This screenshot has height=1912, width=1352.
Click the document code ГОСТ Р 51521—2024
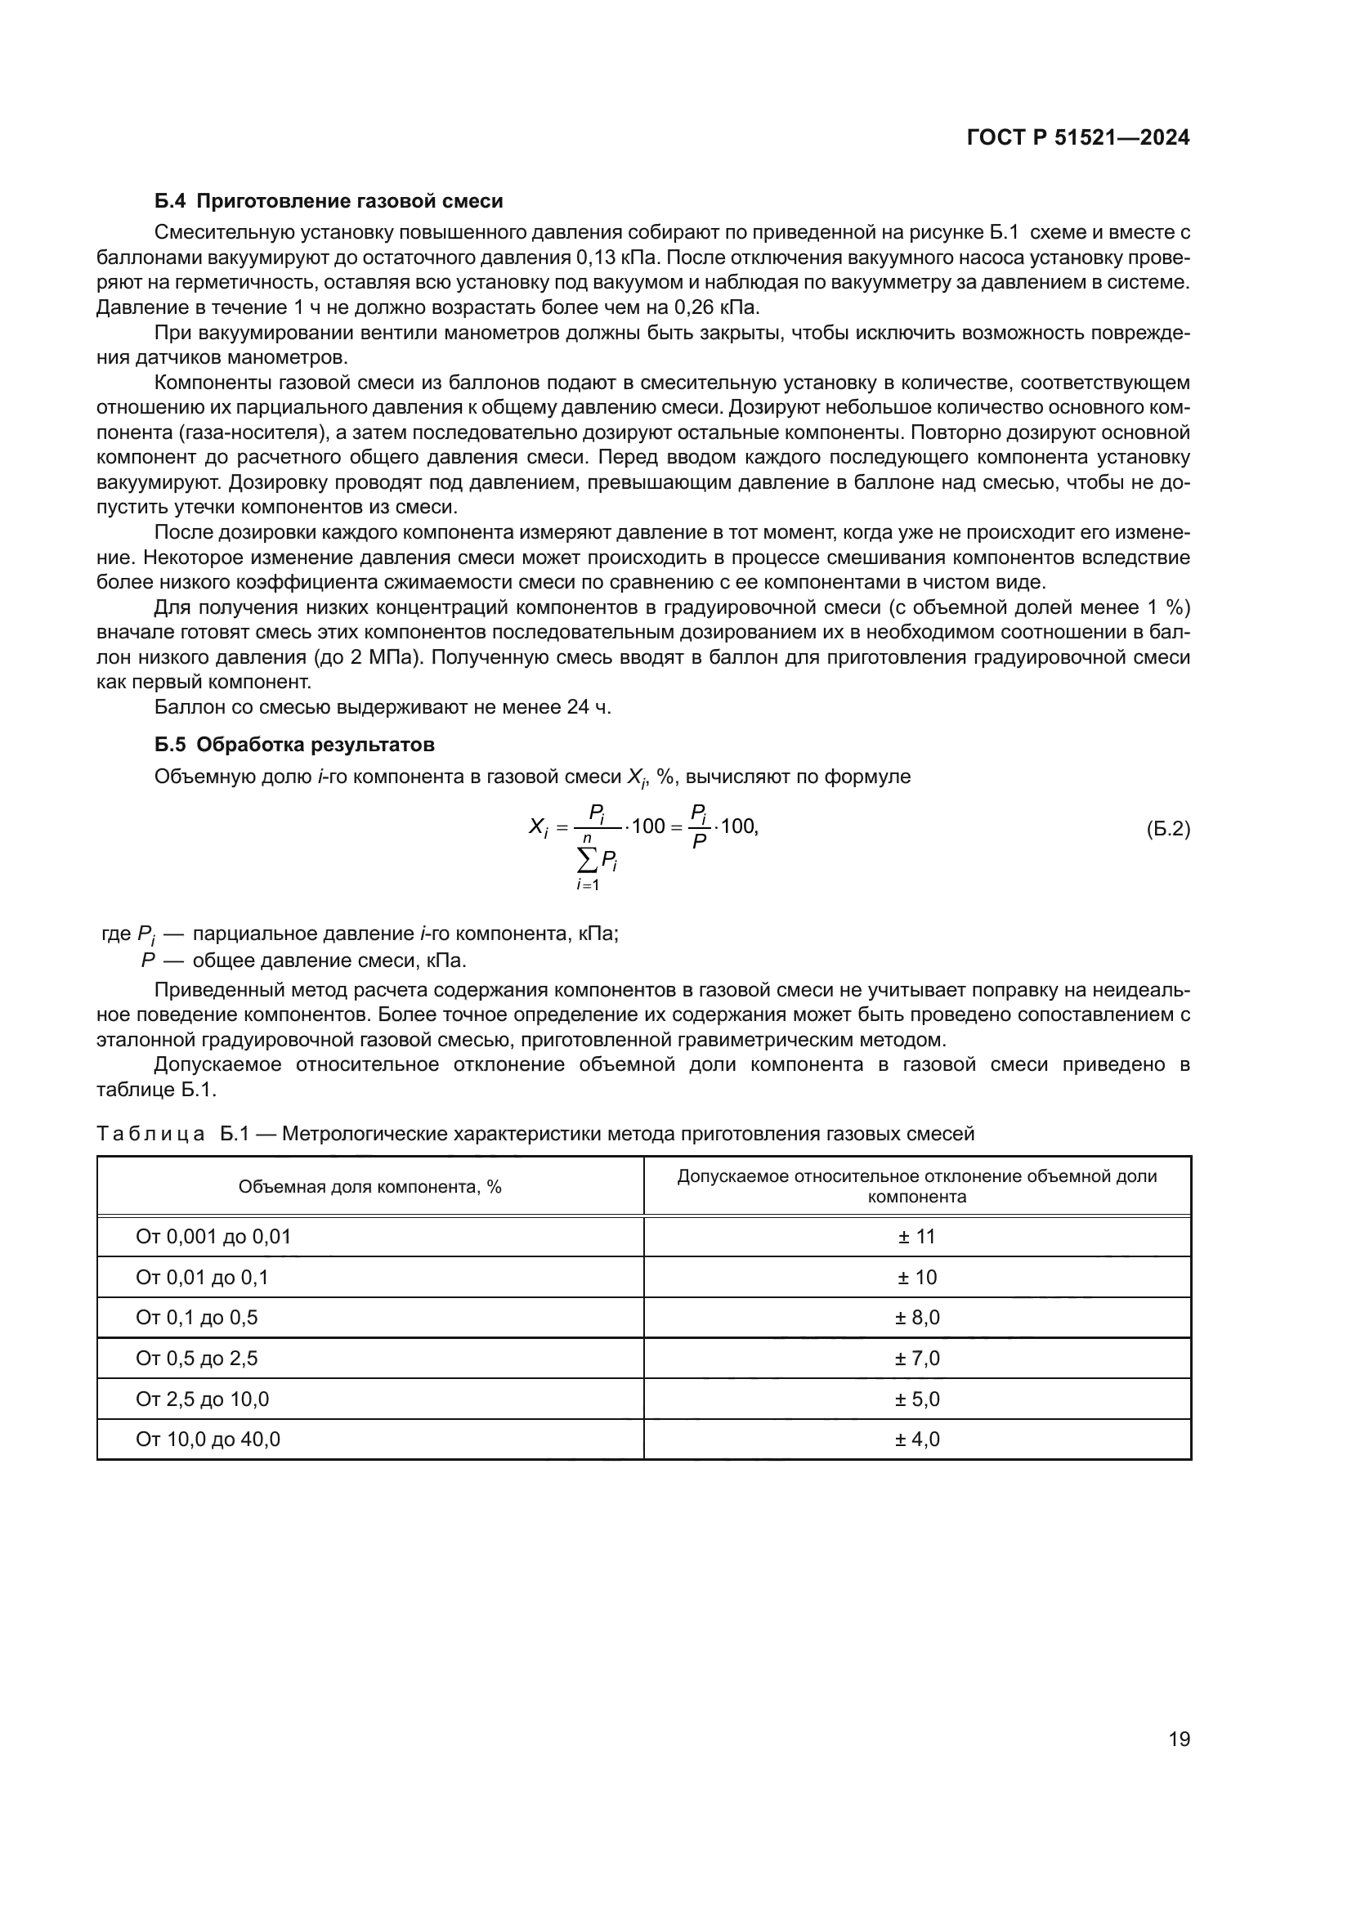(1077, 138)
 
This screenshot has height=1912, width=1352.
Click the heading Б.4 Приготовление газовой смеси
(329, 201)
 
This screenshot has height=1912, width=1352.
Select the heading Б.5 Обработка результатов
(295, 744)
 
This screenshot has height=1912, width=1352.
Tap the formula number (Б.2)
(1167, 829)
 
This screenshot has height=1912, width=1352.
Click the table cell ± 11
(916, 1237)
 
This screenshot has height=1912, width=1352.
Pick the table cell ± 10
(916, 1278)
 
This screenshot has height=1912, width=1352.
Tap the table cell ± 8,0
(916, 1318)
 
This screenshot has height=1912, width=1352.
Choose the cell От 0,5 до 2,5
(196, 1359)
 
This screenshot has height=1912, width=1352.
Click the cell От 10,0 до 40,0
(208, 1439)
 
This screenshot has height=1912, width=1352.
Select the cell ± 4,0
(916, 1439)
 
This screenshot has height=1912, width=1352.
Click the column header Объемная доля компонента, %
(369, 1187)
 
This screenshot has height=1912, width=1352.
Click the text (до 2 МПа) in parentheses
(368, 657)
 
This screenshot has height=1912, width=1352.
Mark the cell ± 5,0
(916, 1399)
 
